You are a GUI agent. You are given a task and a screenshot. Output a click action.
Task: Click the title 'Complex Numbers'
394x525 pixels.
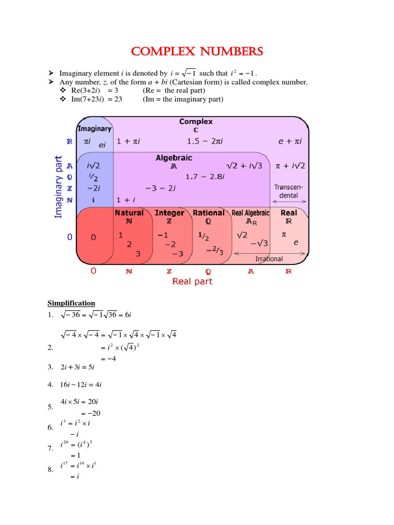[197, 52]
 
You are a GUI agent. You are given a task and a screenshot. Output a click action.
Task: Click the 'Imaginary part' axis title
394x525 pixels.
[58, 187]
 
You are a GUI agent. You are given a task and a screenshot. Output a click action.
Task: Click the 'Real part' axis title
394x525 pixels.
[192, 281]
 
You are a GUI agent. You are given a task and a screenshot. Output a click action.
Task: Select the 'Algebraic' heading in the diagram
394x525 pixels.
[174, 158]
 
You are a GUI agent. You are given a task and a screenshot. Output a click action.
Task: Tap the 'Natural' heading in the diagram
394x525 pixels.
[129, 213]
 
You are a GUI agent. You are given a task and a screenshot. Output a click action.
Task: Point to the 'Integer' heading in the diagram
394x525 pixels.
[169, 213]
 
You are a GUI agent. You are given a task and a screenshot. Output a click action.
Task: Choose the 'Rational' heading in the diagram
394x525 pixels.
[208, 213]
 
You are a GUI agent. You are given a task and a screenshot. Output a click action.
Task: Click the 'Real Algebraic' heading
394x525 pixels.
[251, 213]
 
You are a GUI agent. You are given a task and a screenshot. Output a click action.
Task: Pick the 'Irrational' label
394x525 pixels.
[269, 259]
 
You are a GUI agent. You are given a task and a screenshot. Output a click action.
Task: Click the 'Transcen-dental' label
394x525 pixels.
[289, 191]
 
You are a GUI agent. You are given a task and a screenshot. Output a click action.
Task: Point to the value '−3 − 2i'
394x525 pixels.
[161, 188]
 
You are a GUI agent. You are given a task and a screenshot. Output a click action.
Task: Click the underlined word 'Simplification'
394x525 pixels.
[71, 303]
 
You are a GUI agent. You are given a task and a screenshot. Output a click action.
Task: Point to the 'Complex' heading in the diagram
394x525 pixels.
[195, 122]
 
